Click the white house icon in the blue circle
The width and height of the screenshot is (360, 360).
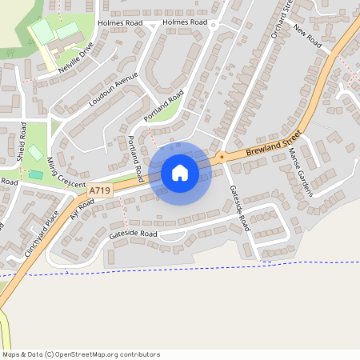(179, 172)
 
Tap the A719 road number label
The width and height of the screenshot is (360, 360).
(100, 190)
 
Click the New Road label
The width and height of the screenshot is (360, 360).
(306, 37)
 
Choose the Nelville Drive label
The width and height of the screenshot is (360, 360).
(75, 58)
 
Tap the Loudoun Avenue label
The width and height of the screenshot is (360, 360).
(113, 90)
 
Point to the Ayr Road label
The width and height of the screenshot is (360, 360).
(82, 209)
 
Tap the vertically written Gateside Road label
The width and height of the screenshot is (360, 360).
(240, 207)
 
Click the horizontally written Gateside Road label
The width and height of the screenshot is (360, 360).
(134, 234)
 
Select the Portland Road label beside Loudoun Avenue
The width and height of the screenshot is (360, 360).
(164, 106)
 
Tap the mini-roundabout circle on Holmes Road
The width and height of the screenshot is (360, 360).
(214, 26)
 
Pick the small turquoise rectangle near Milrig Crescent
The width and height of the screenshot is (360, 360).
(36, 174)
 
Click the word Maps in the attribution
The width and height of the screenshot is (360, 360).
(11, 354)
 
